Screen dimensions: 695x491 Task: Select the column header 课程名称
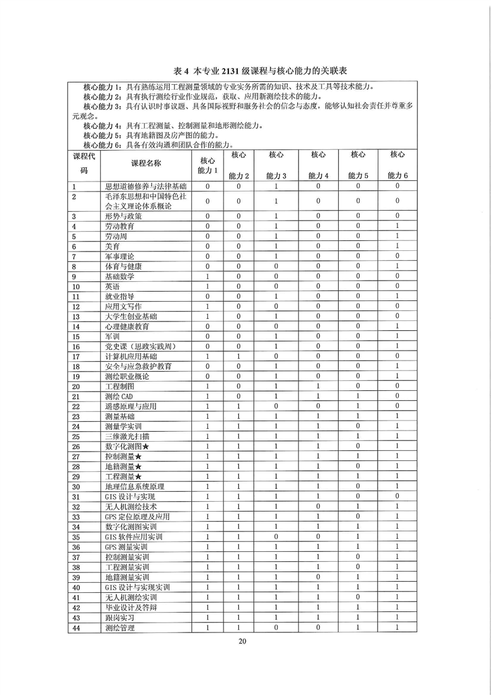point(146,164)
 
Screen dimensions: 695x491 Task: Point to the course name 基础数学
point(119,276)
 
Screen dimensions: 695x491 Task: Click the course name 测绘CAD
point(119,396)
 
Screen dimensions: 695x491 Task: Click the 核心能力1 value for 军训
point(208,336)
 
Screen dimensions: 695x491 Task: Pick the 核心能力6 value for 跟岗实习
point(398,618)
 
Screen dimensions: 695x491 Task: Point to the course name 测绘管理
point(119,627)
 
